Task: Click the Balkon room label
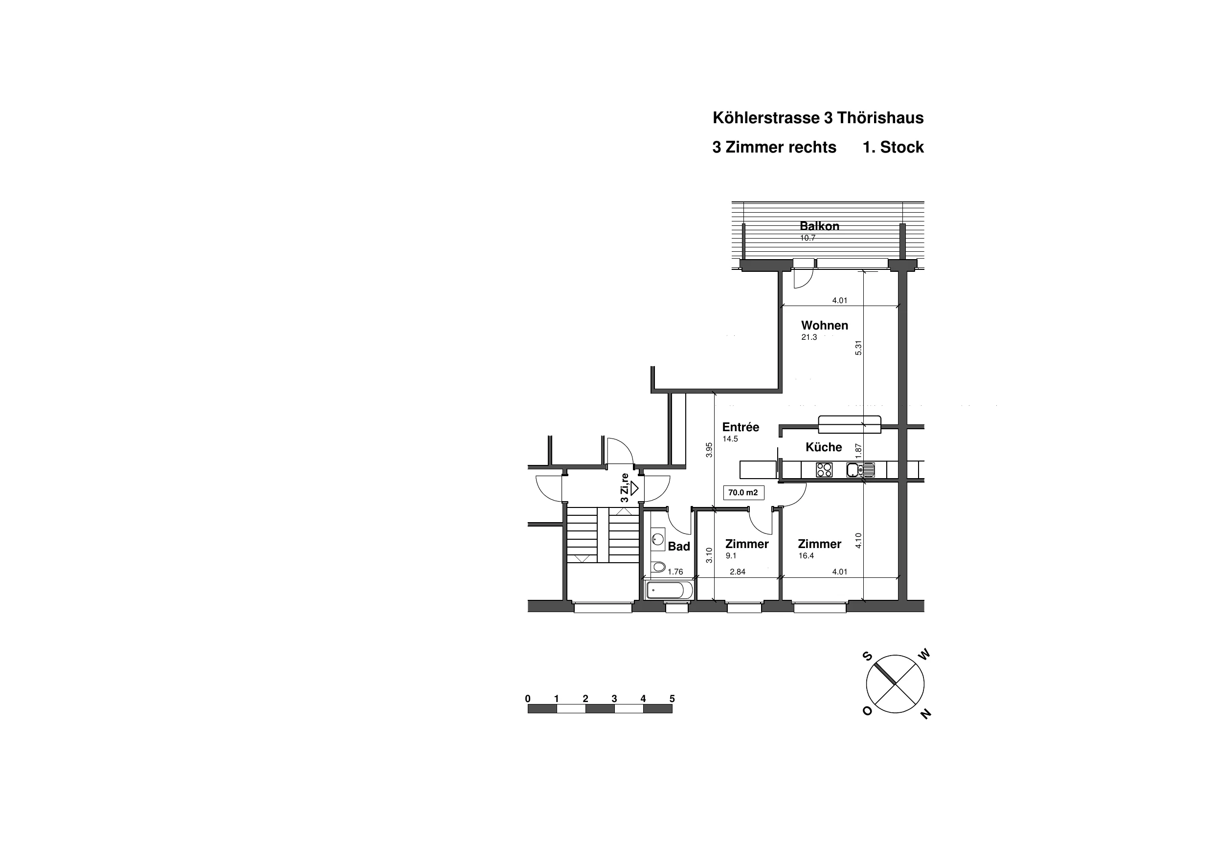(x=819, y=226)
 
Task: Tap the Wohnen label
(x=825, y=326)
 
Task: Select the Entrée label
(x=741, y=427)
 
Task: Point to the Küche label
(x=824, y=447)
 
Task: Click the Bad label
(x=679, y=546)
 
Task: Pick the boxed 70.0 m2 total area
(x=743, y=493)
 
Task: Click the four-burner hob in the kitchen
(x=824, y=470)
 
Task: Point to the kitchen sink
(x=860, y=470)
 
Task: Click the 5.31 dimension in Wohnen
(x=858, y=348)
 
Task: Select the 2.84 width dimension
(x=737, y=572)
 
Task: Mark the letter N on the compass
(x=925, y=714)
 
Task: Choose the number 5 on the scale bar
(x=672, y=699)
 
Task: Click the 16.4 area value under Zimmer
(x=806, y=556)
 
